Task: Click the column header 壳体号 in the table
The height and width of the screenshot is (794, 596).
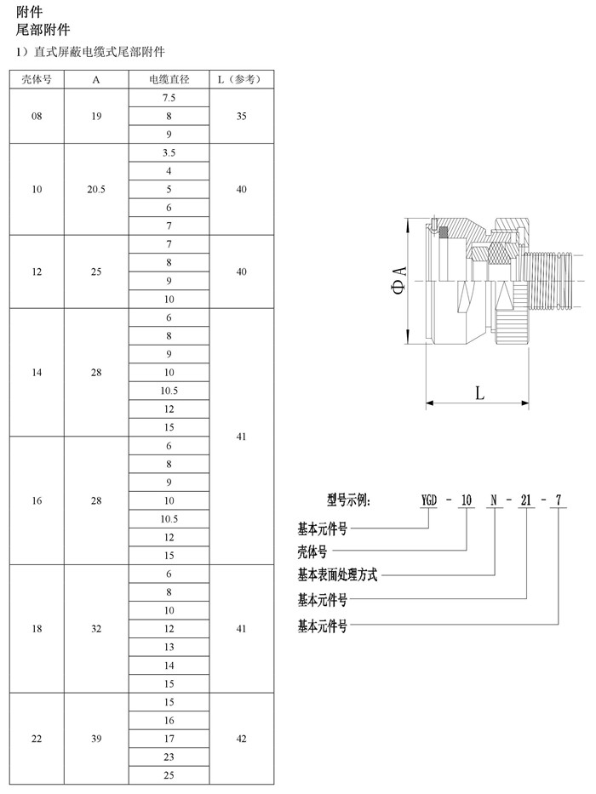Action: click(37, 79)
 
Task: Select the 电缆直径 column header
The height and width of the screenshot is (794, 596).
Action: click(169, 79)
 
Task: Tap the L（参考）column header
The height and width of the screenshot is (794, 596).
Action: click(241, 79)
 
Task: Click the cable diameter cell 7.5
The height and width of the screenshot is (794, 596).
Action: click(169, 98)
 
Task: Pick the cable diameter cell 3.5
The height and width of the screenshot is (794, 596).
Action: click(169, 152)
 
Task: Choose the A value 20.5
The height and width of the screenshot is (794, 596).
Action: click(95, 190)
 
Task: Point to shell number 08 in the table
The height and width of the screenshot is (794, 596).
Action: click(37, 116)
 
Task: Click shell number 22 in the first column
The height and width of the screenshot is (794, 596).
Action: click(37, 739)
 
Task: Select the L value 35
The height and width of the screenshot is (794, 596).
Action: click(241, 116)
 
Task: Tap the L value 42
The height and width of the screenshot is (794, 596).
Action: click(241, 739)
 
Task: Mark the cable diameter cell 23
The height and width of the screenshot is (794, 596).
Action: click(169, 757)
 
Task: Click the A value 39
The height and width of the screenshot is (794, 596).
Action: click(95, 739)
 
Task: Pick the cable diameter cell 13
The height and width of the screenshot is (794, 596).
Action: click(169, 647)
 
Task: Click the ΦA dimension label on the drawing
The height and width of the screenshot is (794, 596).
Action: click(399, 280)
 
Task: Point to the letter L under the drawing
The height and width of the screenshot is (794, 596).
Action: click(479, 392)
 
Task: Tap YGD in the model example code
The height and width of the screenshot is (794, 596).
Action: click(429, 500)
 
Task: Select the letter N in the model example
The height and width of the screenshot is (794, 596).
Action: click(494, 500)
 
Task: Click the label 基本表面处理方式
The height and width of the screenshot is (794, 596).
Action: click(337, 574)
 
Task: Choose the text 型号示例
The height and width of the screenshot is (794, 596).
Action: click(349, 500)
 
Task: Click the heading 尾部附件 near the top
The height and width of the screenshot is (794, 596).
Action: click(43, 30)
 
